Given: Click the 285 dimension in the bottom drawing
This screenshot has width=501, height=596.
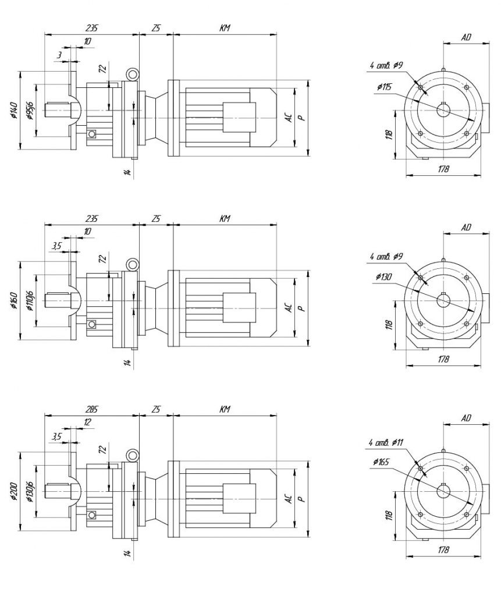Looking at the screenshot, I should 92,410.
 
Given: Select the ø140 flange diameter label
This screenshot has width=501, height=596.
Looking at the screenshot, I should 13,111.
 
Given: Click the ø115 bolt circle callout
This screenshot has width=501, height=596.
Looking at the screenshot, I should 385,87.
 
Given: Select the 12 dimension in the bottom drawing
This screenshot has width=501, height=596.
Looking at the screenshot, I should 87,423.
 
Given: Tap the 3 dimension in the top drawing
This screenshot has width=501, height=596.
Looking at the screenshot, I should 59,54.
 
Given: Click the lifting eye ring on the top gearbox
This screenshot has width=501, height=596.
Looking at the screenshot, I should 133,74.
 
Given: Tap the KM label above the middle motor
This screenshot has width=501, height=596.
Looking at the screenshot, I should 225,219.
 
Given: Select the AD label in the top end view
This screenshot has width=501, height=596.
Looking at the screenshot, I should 466,37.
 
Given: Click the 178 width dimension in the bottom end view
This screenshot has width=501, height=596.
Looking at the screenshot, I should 444,549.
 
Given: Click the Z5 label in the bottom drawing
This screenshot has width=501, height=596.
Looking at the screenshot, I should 156,410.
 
